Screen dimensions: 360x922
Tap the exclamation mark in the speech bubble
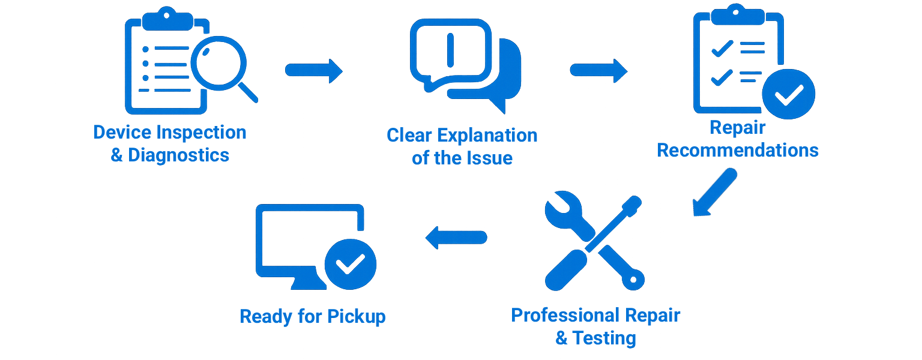(451, 49)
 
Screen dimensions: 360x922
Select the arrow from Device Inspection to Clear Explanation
(313, 71)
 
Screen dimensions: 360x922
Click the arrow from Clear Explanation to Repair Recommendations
(598, 71)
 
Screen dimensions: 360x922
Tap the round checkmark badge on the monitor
(350, 264)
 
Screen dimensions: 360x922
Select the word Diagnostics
(178, 155)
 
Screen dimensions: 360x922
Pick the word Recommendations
(738, 150)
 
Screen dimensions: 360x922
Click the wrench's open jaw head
(561, 207)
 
